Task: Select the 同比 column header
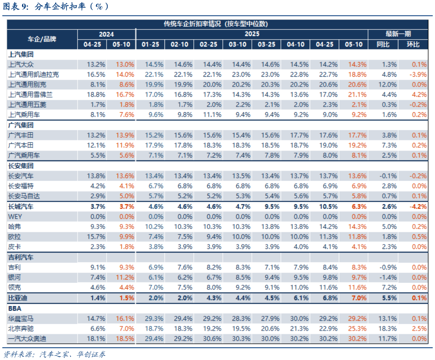(383, 44)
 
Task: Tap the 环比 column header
(413, 44)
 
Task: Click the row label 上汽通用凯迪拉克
(33, 74)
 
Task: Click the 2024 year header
(107, 34)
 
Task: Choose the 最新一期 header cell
(398, 34)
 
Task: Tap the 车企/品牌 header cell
(42, 39)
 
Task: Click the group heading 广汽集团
(21, 125)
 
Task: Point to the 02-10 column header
(179, 44)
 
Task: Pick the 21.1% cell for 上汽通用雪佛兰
(353, 94)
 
